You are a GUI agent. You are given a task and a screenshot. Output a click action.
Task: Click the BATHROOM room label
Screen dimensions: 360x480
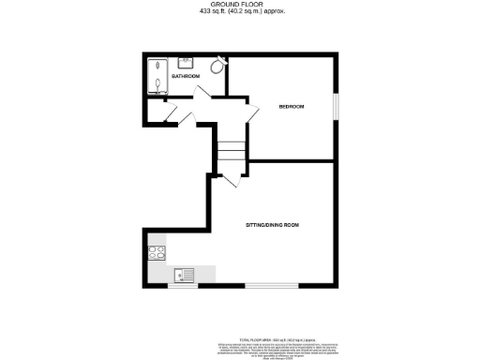(186, 75)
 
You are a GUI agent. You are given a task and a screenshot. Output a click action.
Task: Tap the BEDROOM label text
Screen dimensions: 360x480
(292, 107)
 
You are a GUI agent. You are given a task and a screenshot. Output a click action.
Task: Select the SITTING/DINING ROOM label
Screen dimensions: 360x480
(272, 226)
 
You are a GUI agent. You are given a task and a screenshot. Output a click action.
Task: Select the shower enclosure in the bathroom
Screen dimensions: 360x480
(157, 75)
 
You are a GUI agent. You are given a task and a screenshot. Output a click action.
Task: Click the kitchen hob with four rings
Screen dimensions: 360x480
(156, 251)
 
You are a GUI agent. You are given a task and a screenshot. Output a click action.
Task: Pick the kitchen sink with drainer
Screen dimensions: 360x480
(184, 274)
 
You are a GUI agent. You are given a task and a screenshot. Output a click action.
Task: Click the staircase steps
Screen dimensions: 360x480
(232, 150)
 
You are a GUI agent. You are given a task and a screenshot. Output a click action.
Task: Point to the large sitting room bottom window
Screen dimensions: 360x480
(273, 285)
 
